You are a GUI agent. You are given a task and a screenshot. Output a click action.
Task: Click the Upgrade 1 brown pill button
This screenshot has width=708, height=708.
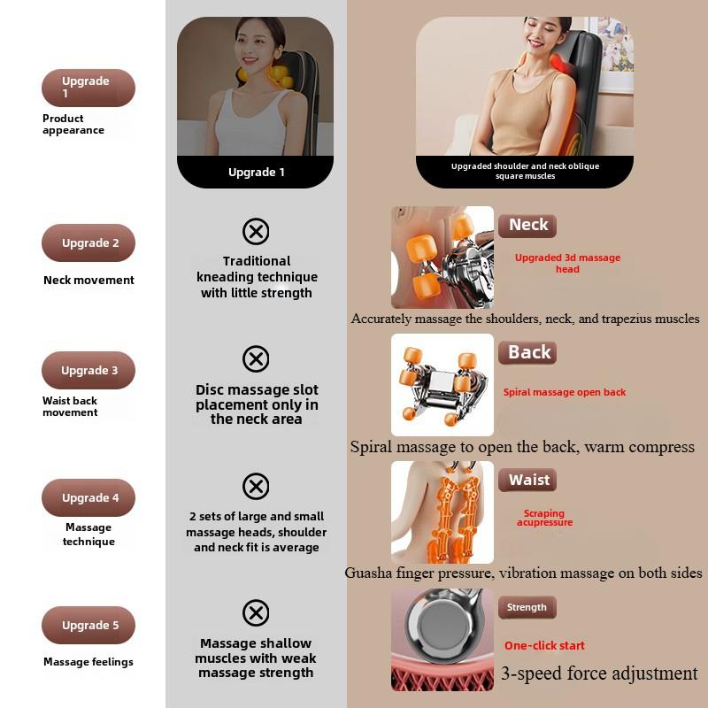tap(88, 88)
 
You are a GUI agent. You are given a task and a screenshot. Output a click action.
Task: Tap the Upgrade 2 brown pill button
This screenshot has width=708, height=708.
tap(88, 242)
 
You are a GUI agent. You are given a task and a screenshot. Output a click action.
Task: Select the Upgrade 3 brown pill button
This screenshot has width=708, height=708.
tap(88, 370)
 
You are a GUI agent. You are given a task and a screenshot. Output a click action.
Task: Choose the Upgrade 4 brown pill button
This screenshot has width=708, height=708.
tap(88, 497)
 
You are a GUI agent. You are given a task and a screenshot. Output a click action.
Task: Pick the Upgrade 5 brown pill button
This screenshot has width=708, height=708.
tap(88, 625)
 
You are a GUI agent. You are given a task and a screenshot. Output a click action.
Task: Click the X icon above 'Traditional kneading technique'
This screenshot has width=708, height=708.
tap(256, 232)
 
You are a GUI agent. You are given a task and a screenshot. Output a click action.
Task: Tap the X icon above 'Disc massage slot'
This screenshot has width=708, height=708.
tap(256, 359)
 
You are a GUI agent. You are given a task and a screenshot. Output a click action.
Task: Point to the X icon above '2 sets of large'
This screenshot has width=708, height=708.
tap(256, 486)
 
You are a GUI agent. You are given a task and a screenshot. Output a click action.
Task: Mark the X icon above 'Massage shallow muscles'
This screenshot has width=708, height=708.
tap(256, 612)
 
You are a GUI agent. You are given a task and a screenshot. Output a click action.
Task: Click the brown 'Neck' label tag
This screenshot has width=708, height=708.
tap(527, 225)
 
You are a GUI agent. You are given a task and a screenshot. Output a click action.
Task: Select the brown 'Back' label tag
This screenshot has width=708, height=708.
tap(528, 352)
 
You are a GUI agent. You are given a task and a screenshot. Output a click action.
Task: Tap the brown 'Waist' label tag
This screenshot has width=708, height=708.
tap(528, 480)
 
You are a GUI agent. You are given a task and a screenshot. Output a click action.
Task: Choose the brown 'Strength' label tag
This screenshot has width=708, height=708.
tap(527, 607)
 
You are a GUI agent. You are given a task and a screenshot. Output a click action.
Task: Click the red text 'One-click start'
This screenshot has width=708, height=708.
tap(544, 645)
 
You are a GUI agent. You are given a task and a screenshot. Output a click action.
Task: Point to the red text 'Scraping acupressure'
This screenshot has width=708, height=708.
tap(544, 518)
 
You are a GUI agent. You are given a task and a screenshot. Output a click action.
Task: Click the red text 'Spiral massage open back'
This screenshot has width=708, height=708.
tap(565, 392)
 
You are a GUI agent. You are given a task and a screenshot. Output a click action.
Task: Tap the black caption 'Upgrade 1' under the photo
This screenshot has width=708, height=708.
tap(257, 173)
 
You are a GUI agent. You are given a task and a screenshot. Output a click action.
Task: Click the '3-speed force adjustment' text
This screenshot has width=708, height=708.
tap(599, 673)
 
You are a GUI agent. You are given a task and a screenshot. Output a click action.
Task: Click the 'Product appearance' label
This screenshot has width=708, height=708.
tap(73, 124)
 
